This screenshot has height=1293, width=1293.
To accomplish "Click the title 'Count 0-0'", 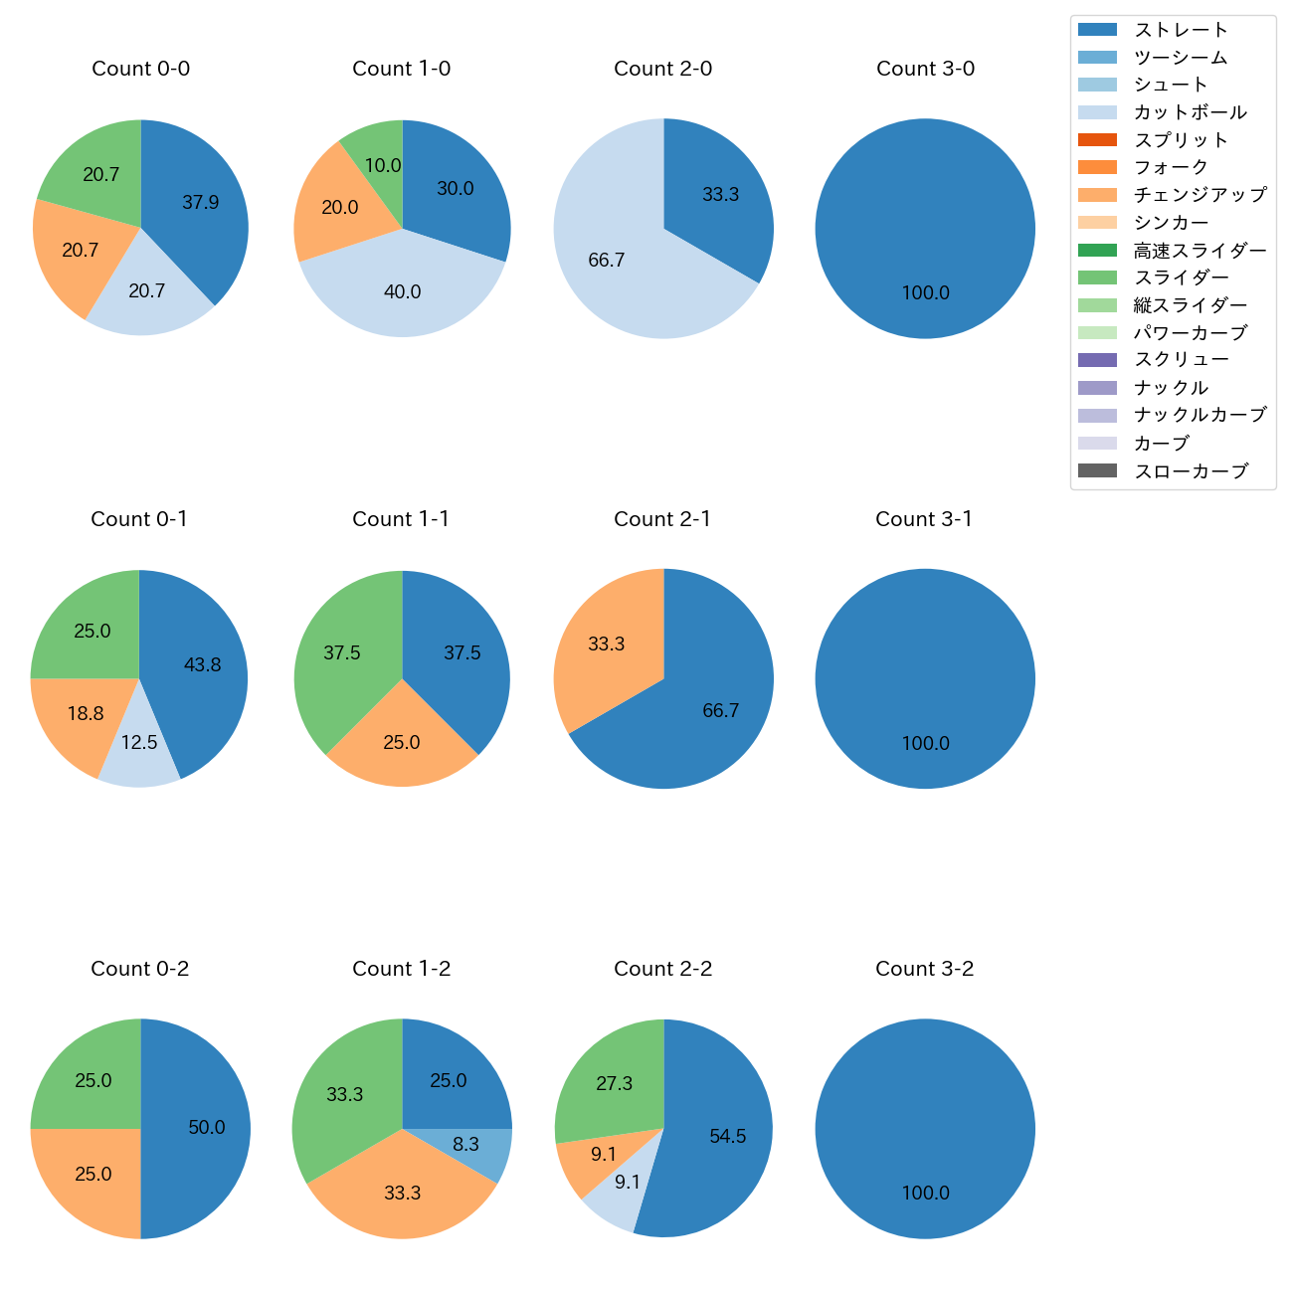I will click(x=141, y=69).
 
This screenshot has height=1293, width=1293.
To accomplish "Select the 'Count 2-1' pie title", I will click(x=662, y=519).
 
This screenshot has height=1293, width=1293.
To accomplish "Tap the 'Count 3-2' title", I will click(x=924, y=969).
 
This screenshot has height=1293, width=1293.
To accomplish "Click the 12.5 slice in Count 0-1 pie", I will click(x=139, y=756).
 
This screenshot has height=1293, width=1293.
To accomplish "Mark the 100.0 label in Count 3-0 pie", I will click(x=925, y=293).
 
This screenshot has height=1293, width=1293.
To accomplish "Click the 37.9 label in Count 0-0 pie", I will click(x=201, y=203).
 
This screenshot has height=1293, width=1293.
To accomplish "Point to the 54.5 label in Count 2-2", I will click(x=728, y=1137).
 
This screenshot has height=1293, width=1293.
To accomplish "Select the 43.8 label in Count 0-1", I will click(x=203, y=665).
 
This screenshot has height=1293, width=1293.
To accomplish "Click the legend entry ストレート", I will click(x=1181, y=30).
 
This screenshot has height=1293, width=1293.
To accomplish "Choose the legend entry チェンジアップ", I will click(x=1200, y=195).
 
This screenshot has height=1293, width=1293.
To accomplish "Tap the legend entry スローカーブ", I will click(x=1191, y=471).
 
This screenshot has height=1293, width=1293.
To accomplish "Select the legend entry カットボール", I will click(x=1190, y=112).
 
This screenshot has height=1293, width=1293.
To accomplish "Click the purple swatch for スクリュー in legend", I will click(x=1097, y=360).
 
